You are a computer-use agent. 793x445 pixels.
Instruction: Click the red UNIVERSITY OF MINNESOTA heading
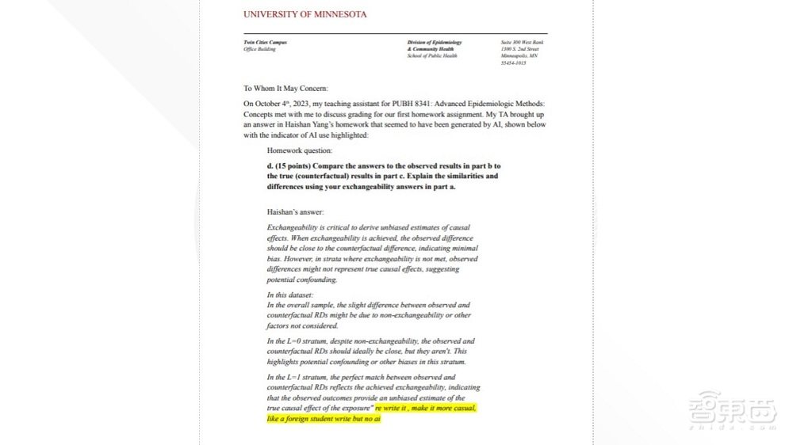[x=305, y=14]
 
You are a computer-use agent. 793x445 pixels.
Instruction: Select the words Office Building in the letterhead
[x=259, y=49]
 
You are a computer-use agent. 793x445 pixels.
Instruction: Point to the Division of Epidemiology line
[x=434, y=42]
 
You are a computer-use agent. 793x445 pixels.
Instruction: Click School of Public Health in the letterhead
[x=433, y=56]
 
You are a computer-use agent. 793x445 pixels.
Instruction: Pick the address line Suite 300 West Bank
[x=523, y=42]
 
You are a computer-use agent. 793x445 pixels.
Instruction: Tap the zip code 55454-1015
[x=513, y=63]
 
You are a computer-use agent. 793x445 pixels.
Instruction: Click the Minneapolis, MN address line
[x=519, y=56]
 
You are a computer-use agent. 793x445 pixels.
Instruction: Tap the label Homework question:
[x=300, y=150]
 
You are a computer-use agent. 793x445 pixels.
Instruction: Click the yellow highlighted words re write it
[x=393, y=408]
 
